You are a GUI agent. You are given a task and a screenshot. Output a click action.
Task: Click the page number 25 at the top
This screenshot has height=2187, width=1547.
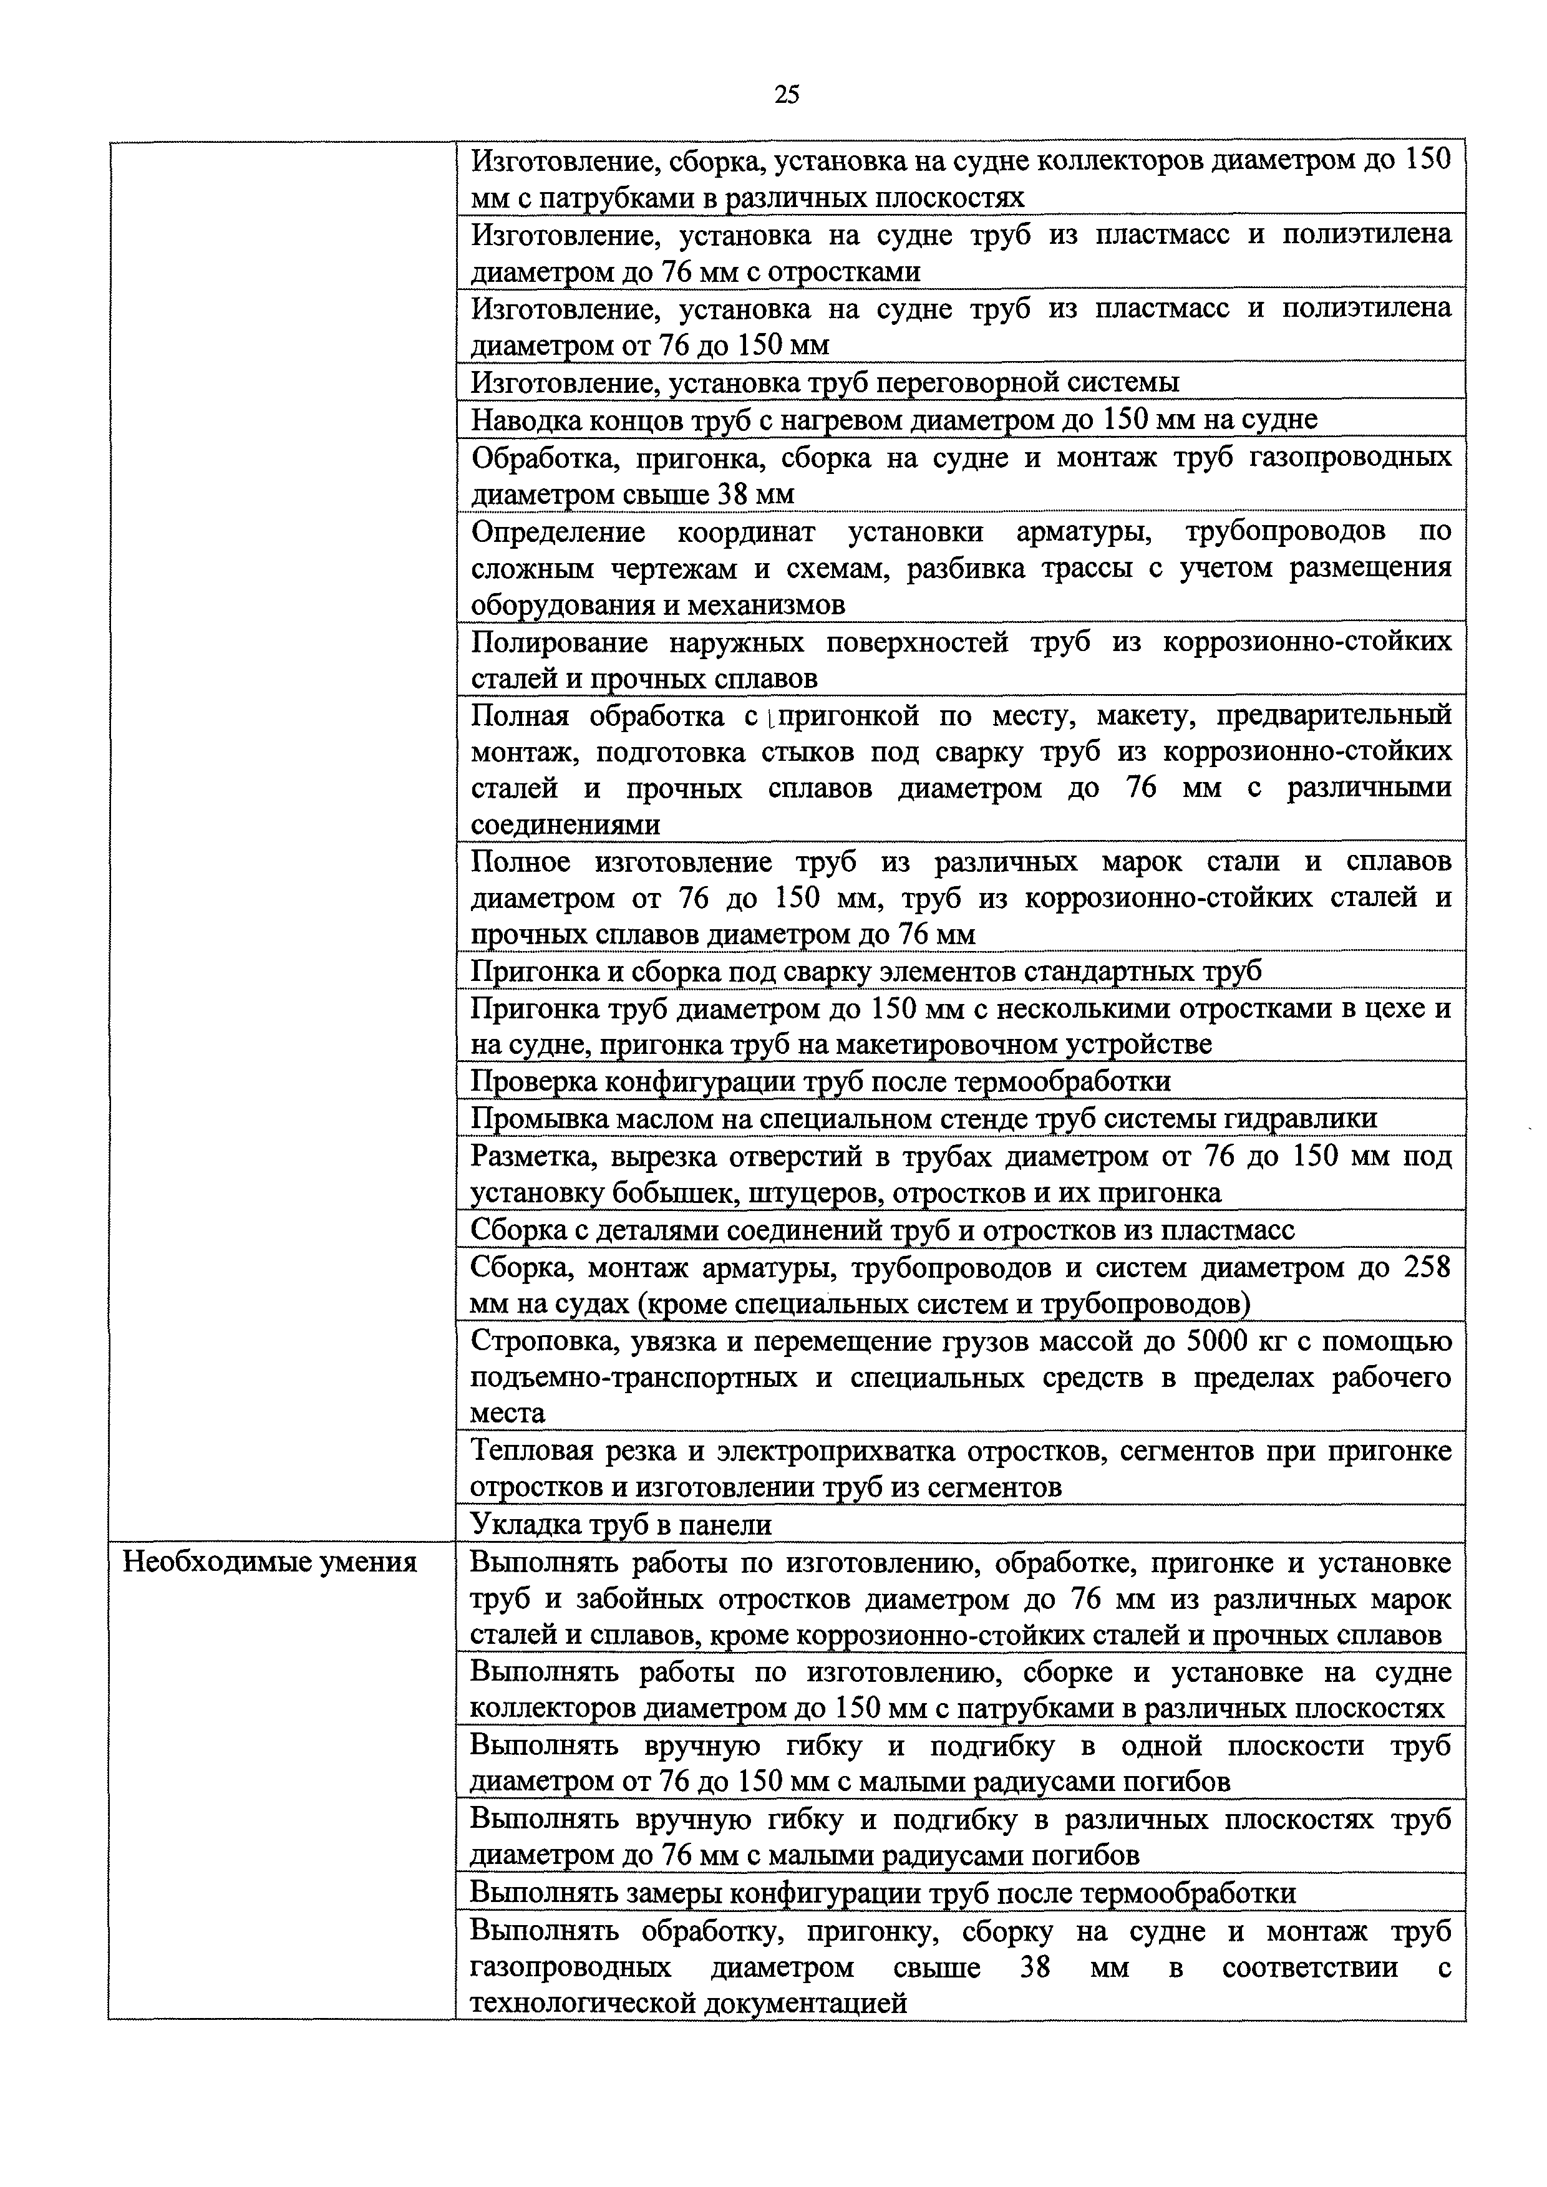[x=787, y=94]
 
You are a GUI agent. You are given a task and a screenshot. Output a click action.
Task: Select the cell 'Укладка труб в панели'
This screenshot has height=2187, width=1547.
[x=621, y=1525]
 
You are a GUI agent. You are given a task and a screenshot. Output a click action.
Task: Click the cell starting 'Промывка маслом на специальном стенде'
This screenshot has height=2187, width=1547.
[x=924, y=1118]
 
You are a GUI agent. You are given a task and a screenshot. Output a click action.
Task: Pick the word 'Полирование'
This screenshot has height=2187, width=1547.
[x=559, y=643]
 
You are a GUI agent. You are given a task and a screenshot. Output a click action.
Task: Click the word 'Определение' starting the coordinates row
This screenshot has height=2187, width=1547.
[x=558, y=531]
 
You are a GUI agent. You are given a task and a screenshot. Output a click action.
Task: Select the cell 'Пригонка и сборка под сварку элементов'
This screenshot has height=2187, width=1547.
[x=866, y=970]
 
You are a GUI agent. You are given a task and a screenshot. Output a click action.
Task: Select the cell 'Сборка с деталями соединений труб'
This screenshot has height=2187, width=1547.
[x=882, y=1230]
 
